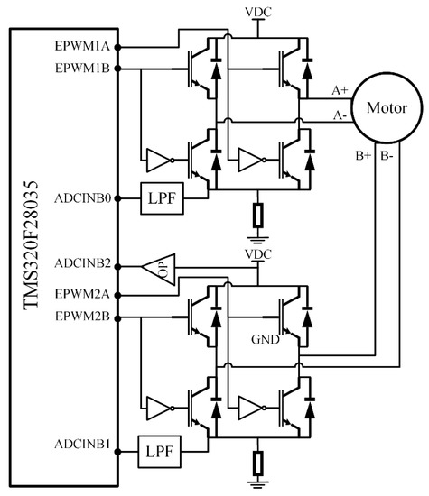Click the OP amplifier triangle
click(158, 267)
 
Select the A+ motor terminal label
click(341, 91)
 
